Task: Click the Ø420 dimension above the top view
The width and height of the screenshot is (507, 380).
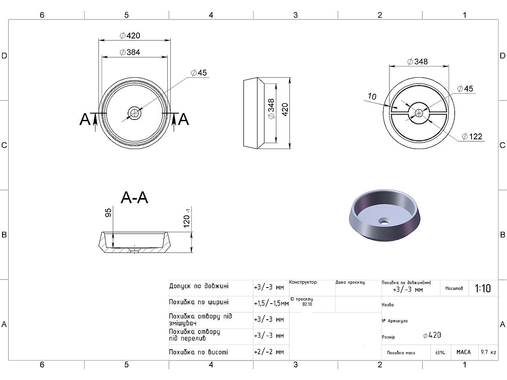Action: pyautogui.click(x=130, y=35)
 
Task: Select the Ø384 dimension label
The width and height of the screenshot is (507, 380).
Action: pyautogui.click(x=130, y=52)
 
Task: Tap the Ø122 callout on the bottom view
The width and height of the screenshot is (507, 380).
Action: pyautogui.click(x=472, y=136)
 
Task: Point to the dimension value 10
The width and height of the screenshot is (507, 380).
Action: pyautogui.click(x=372, y=96)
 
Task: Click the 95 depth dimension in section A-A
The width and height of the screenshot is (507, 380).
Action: pyautogui.click(x=108, y=212)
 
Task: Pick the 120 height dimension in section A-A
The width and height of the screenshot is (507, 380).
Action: pyautogui.click(x=187, y=218)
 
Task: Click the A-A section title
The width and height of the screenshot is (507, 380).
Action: pyautogui.click(x=134, y=198)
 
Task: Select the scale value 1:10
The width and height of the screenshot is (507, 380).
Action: pyautogui.click(x=483, y=288)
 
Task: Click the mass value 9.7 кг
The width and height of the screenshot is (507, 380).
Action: pyautogui.click(x=488, y=352)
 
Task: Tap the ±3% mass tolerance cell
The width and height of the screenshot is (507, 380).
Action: pyautogui.click(x=440, y=353)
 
